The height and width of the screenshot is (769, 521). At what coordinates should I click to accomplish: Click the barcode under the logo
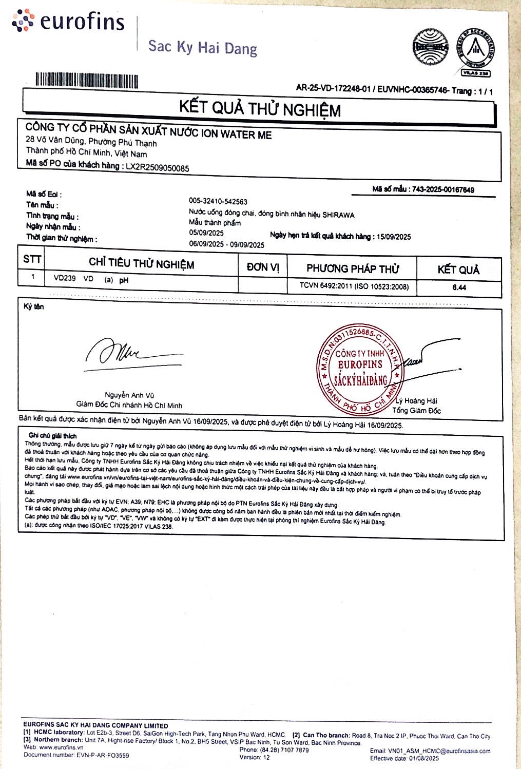point(87,81)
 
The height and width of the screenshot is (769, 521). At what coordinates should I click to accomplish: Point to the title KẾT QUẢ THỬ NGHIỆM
point(260,108)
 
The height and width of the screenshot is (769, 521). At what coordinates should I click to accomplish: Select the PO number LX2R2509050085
point(158,167)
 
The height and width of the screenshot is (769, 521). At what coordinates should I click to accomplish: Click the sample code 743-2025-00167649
point(443,189)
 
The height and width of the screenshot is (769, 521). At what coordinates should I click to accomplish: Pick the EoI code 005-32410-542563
point(218,202)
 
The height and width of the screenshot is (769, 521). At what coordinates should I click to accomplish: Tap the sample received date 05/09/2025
point(206,233)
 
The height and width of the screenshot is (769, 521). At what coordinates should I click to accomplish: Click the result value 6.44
point(459,287)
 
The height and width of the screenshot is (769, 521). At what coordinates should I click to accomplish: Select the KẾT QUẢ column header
point(458,270)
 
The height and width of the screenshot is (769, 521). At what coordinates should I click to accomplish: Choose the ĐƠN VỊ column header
point(263,267)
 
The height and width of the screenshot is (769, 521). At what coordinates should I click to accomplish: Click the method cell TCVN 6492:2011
point(354,286)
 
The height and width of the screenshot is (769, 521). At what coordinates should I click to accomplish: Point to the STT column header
point(32,259)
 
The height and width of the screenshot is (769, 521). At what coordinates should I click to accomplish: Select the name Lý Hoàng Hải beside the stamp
point(416,401)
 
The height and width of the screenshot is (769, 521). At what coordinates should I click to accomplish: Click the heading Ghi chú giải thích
point(53,436)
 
